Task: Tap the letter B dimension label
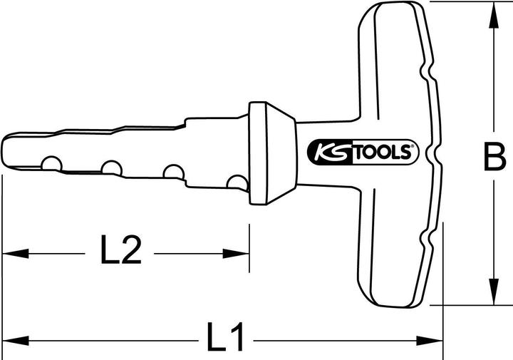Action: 493,158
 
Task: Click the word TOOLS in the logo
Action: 378,152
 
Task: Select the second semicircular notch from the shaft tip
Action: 110,168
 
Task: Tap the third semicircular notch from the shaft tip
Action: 173,172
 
